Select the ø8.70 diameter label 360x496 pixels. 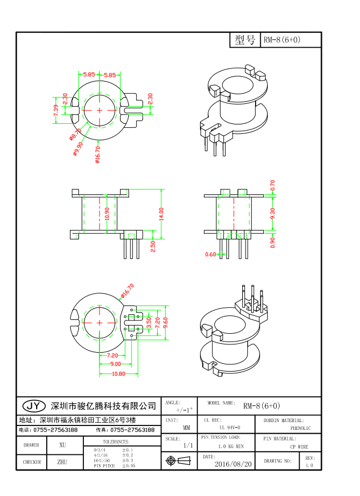[x=75, y=134]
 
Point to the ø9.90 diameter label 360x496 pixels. [x=78, y=148]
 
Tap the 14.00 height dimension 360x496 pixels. [x=161, y=214]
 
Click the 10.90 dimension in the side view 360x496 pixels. [x=107, y=214]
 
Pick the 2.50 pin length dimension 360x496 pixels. [x=153, y=246]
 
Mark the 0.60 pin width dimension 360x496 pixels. [x=211, y=254]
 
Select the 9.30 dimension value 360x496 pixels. [x=272, y=214]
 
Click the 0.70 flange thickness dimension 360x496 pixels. [x=272, y=185]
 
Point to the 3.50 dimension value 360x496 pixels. [x=148, y=322]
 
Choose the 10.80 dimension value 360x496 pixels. [x=119, y=374]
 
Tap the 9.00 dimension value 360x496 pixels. [x=116, y=364]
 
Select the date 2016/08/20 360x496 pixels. [x=233, y=464]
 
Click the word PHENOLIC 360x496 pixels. [x=301, y=428]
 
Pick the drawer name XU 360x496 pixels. [x=62, y=445]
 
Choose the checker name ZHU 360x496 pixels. [x=62, y=462]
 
